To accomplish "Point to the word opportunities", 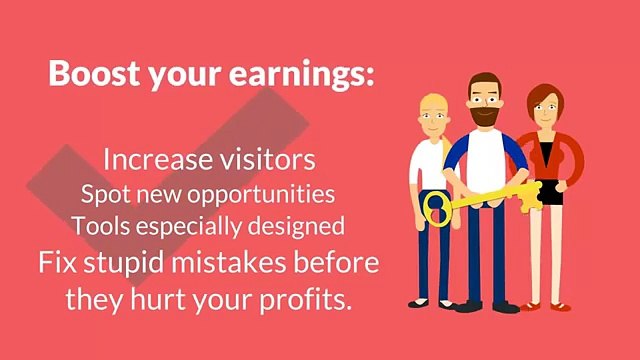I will (x=268, y=192).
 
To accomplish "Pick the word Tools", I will (x=97, y=226).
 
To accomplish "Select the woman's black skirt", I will (x=547, y=189).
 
